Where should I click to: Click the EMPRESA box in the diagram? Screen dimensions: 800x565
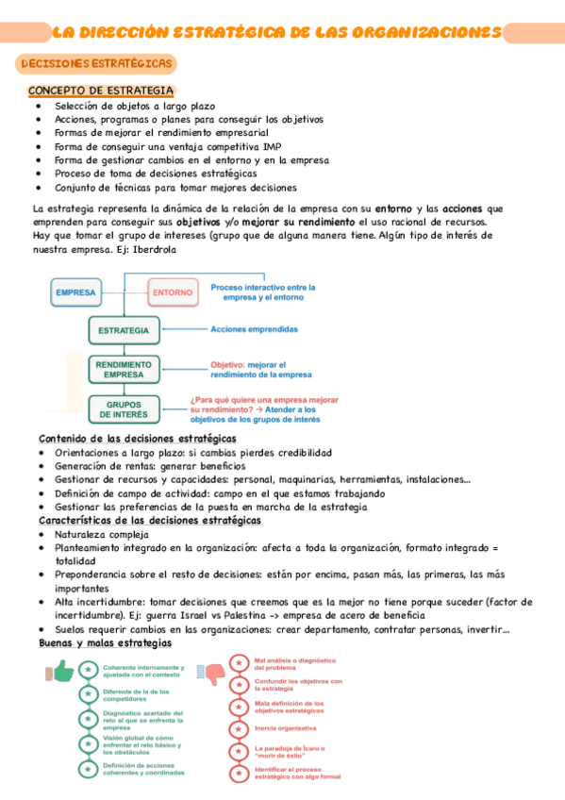(x=75, y=292)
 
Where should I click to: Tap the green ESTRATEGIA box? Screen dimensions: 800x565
(x=124, y=330)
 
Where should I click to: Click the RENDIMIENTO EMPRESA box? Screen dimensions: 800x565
(x=124, y=369)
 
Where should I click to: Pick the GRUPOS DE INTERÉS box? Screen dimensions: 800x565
(x=124, y=409)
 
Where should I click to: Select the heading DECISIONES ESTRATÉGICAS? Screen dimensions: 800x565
(x=97, y=63)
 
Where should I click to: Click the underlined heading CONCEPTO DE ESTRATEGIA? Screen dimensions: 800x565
(x=101, y=91)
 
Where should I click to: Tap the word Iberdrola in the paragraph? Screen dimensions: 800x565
(x=149, y=250)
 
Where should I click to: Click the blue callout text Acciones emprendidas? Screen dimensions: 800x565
(x=254, y=330)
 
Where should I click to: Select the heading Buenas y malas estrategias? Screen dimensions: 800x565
(x=105, y=642)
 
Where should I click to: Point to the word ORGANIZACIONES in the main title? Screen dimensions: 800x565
(x=427, y=32)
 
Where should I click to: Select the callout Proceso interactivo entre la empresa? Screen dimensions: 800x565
(x=263, y=292)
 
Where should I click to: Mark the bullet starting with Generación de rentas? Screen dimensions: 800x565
(x=149, y=465)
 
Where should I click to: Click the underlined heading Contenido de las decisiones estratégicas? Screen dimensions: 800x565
(x=137, y=439)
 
